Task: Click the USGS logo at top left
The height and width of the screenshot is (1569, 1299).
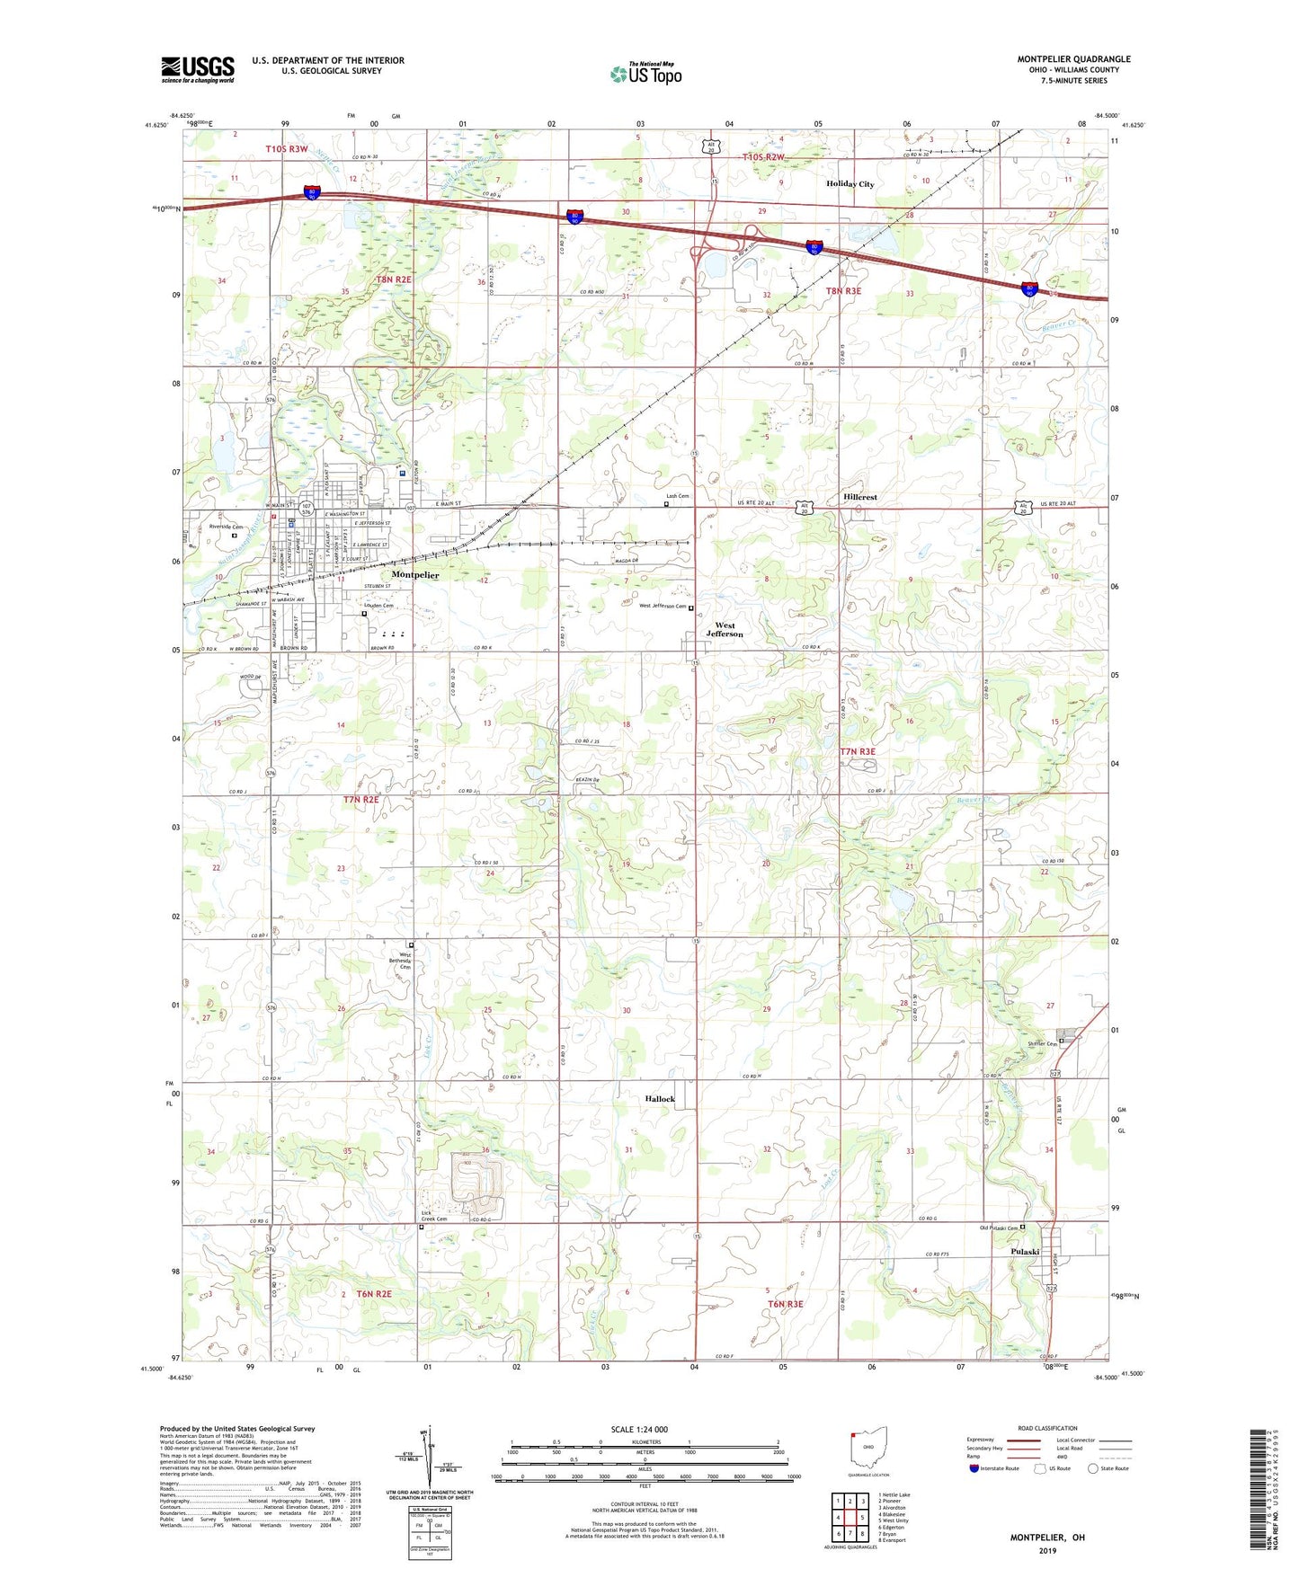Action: point(197,69)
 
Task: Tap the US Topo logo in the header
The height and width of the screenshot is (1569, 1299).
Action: point(645,74)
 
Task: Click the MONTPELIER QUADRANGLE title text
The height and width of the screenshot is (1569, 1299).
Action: point(1073,59)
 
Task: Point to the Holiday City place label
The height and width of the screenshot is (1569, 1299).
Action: point(850,184)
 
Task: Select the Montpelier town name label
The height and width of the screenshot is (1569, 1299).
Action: point(415,574)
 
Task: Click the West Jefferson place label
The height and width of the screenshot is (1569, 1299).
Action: point(725,629)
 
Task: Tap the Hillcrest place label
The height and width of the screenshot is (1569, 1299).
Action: point(860,497)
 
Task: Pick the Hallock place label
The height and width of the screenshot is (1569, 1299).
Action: point(660,1099)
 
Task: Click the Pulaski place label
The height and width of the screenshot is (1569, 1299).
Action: point(1024,1252)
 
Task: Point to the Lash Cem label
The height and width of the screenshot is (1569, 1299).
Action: point(677,496)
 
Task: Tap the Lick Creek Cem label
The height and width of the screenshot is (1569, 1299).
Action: point(434,1216)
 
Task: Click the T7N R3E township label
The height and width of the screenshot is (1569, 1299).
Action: point(858,751)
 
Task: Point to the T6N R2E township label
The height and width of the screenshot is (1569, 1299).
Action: point(374,1294)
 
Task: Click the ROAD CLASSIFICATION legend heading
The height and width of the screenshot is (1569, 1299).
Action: point(1047,1428)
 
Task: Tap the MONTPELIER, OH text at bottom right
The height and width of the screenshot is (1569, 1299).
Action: point(1047,1538)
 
